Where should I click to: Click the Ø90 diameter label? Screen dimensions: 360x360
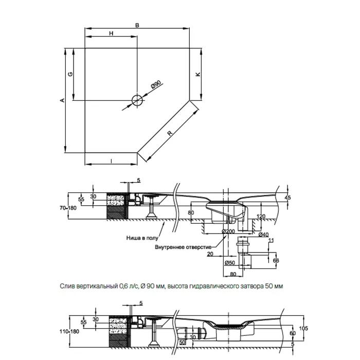click(x=156, y=85)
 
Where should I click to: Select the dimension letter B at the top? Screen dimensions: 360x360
click(x=137, y=25)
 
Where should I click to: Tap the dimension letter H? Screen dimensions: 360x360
click(x=111, y=33)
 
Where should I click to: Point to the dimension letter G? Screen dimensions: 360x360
click(x=70, y=74)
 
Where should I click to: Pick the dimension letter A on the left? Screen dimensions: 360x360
click(x=62, y=100)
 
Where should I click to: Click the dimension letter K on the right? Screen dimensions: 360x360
click(x=197, y=74)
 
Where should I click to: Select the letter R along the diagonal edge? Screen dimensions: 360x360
click(x=170, y=133)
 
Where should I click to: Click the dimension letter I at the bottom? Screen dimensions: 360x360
click(x=112, y=161)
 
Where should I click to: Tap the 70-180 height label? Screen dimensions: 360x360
click(x=68, y=208)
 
